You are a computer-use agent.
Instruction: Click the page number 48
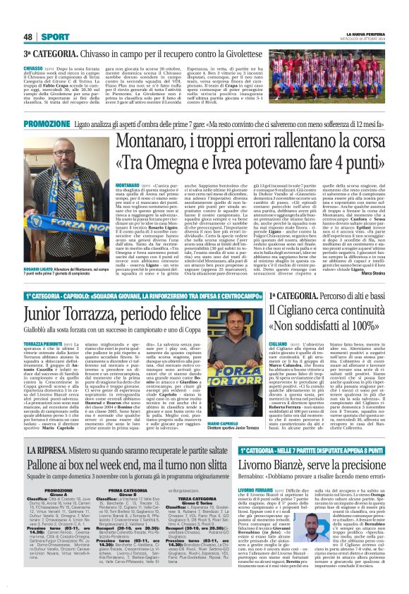28,36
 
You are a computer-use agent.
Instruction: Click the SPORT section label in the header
55,36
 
